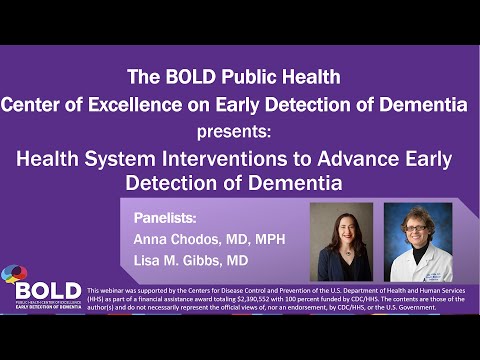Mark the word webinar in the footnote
point(112,290)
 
